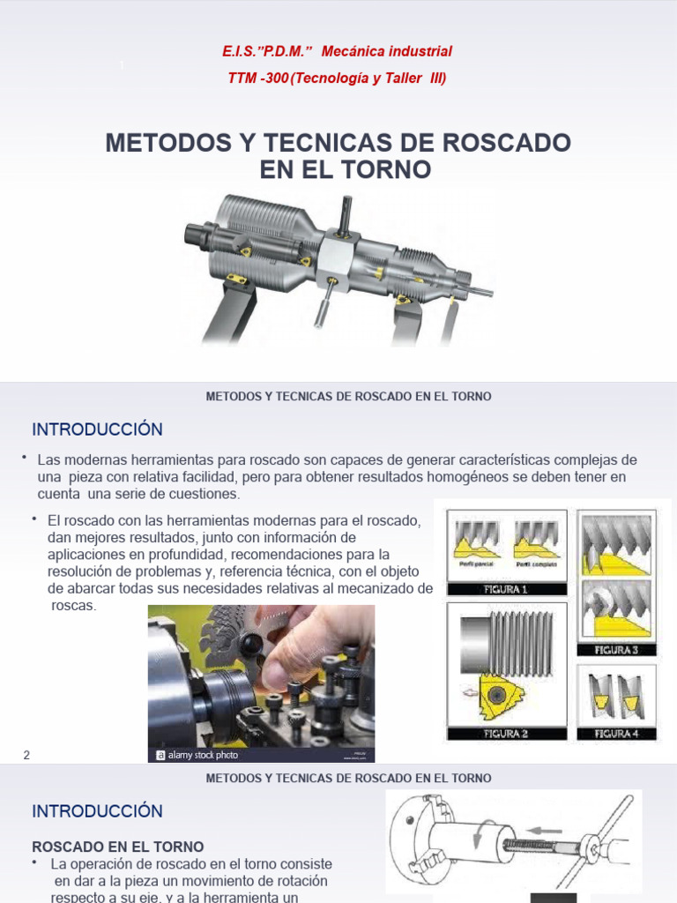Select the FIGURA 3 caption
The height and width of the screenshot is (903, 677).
(616, 650)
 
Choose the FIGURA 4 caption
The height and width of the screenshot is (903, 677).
(616, 733)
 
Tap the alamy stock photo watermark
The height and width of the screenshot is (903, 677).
(197, 755)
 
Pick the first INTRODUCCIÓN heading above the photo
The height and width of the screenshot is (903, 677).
(98, 429)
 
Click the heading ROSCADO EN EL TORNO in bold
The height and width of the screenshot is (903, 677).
(118, 846)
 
